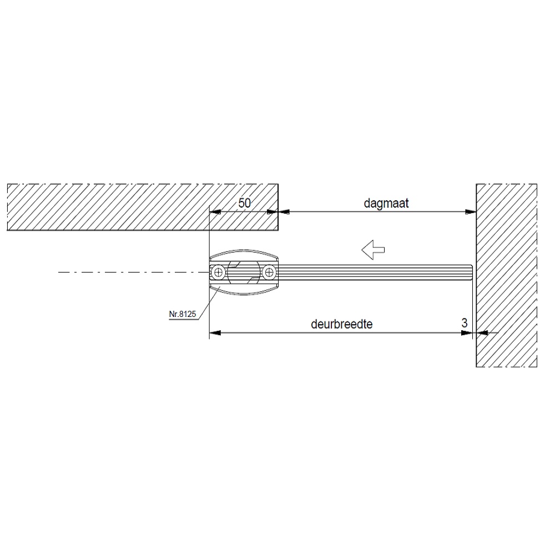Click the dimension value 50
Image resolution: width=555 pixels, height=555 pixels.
pyautogui.click(x=244, y=203)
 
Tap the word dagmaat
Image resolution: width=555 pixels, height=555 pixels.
pyautogui.click(x=386, y=204)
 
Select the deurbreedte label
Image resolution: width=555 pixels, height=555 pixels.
pyautogui.click(x=341, y=324)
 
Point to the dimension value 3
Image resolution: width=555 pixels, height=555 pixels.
pyautogui.click(x=465, y=323)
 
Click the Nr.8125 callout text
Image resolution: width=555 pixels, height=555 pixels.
pyautogui.click(x=182, y=314)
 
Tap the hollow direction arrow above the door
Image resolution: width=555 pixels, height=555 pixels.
pyautogui.click(x=373, y=250)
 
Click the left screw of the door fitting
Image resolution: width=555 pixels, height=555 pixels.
pyautogui.click(x=218, y=272)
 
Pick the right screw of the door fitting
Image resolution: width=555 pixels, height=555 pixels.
pyautogui.click(x=270, y=272)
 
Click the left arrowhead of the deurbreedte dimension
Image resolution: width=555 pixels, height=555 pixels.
pyautogui.click(x=215, y=332)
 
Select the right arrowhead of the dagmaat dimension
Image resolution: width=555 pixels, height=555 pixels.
pyautogui.click(x=471, y=212)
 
